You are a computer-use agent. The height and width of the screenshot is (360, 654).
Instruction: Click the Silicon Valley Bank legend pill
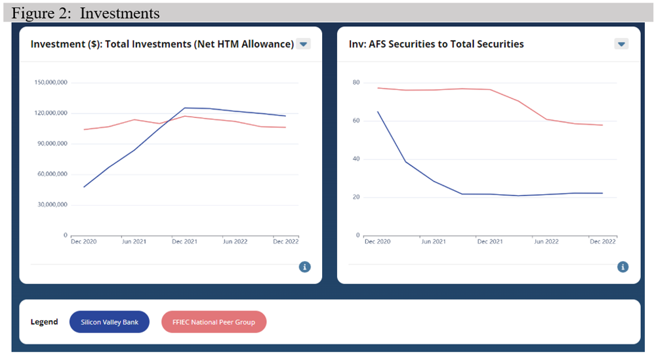pos(109,322)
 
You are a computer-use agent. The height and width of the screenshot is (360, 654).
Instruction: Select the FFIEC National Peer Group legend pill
pos(213,322)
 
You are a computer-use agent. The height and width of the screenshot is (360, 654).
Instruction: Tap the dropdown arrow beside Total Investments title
pos(303,44)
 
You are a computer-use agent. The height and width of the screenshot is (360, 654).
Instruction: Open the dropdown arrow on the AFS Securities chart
pos(621,44)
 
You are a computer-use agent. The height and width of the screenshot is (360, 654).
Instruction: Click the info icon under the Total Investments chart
pos(305,267)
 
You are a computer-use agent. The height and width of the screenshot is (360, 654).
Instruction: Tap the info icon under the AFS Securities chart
pos(623,267)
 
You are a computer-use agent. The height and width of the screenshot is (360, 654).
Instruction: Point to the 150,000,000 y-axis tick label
pos(51,83)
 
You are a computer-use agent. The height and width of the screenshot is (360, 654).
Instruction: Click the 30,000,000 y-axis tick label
pos(52,205)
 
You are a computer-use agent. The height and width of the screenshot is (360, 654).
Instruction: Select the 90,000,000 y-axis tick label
pos(52,144)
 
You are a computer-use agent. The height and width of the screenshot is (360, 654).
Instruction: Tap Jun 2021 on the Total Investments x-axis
pos(134,242)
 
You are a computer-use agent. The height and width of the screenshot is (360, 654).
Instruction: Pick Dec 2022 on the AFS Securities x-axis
pos(602,242)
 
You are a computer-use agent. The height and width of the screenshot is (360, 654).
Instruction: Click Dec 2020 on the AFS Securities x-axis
pos(378,242)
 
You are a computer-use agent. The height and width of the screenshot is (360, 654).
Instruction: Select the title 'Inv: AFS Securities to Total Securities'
pos(436,44)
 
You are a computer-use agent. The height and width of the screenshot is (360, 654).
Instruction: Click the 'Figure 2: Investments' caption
pos(85,12)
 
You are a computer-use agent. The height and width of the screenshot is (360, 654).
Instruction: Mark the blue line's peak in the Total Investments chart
pos(185,108)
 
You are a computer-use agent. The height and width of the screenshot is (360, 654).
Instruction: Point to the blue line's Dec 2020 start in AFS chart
pos(378,112)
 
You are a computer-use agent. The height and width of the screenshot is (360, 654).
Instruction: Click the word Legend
pos(44,322)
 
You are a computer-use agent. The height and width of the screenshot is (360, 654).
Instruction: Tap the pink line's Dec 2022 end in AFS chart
pos(602,125)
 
